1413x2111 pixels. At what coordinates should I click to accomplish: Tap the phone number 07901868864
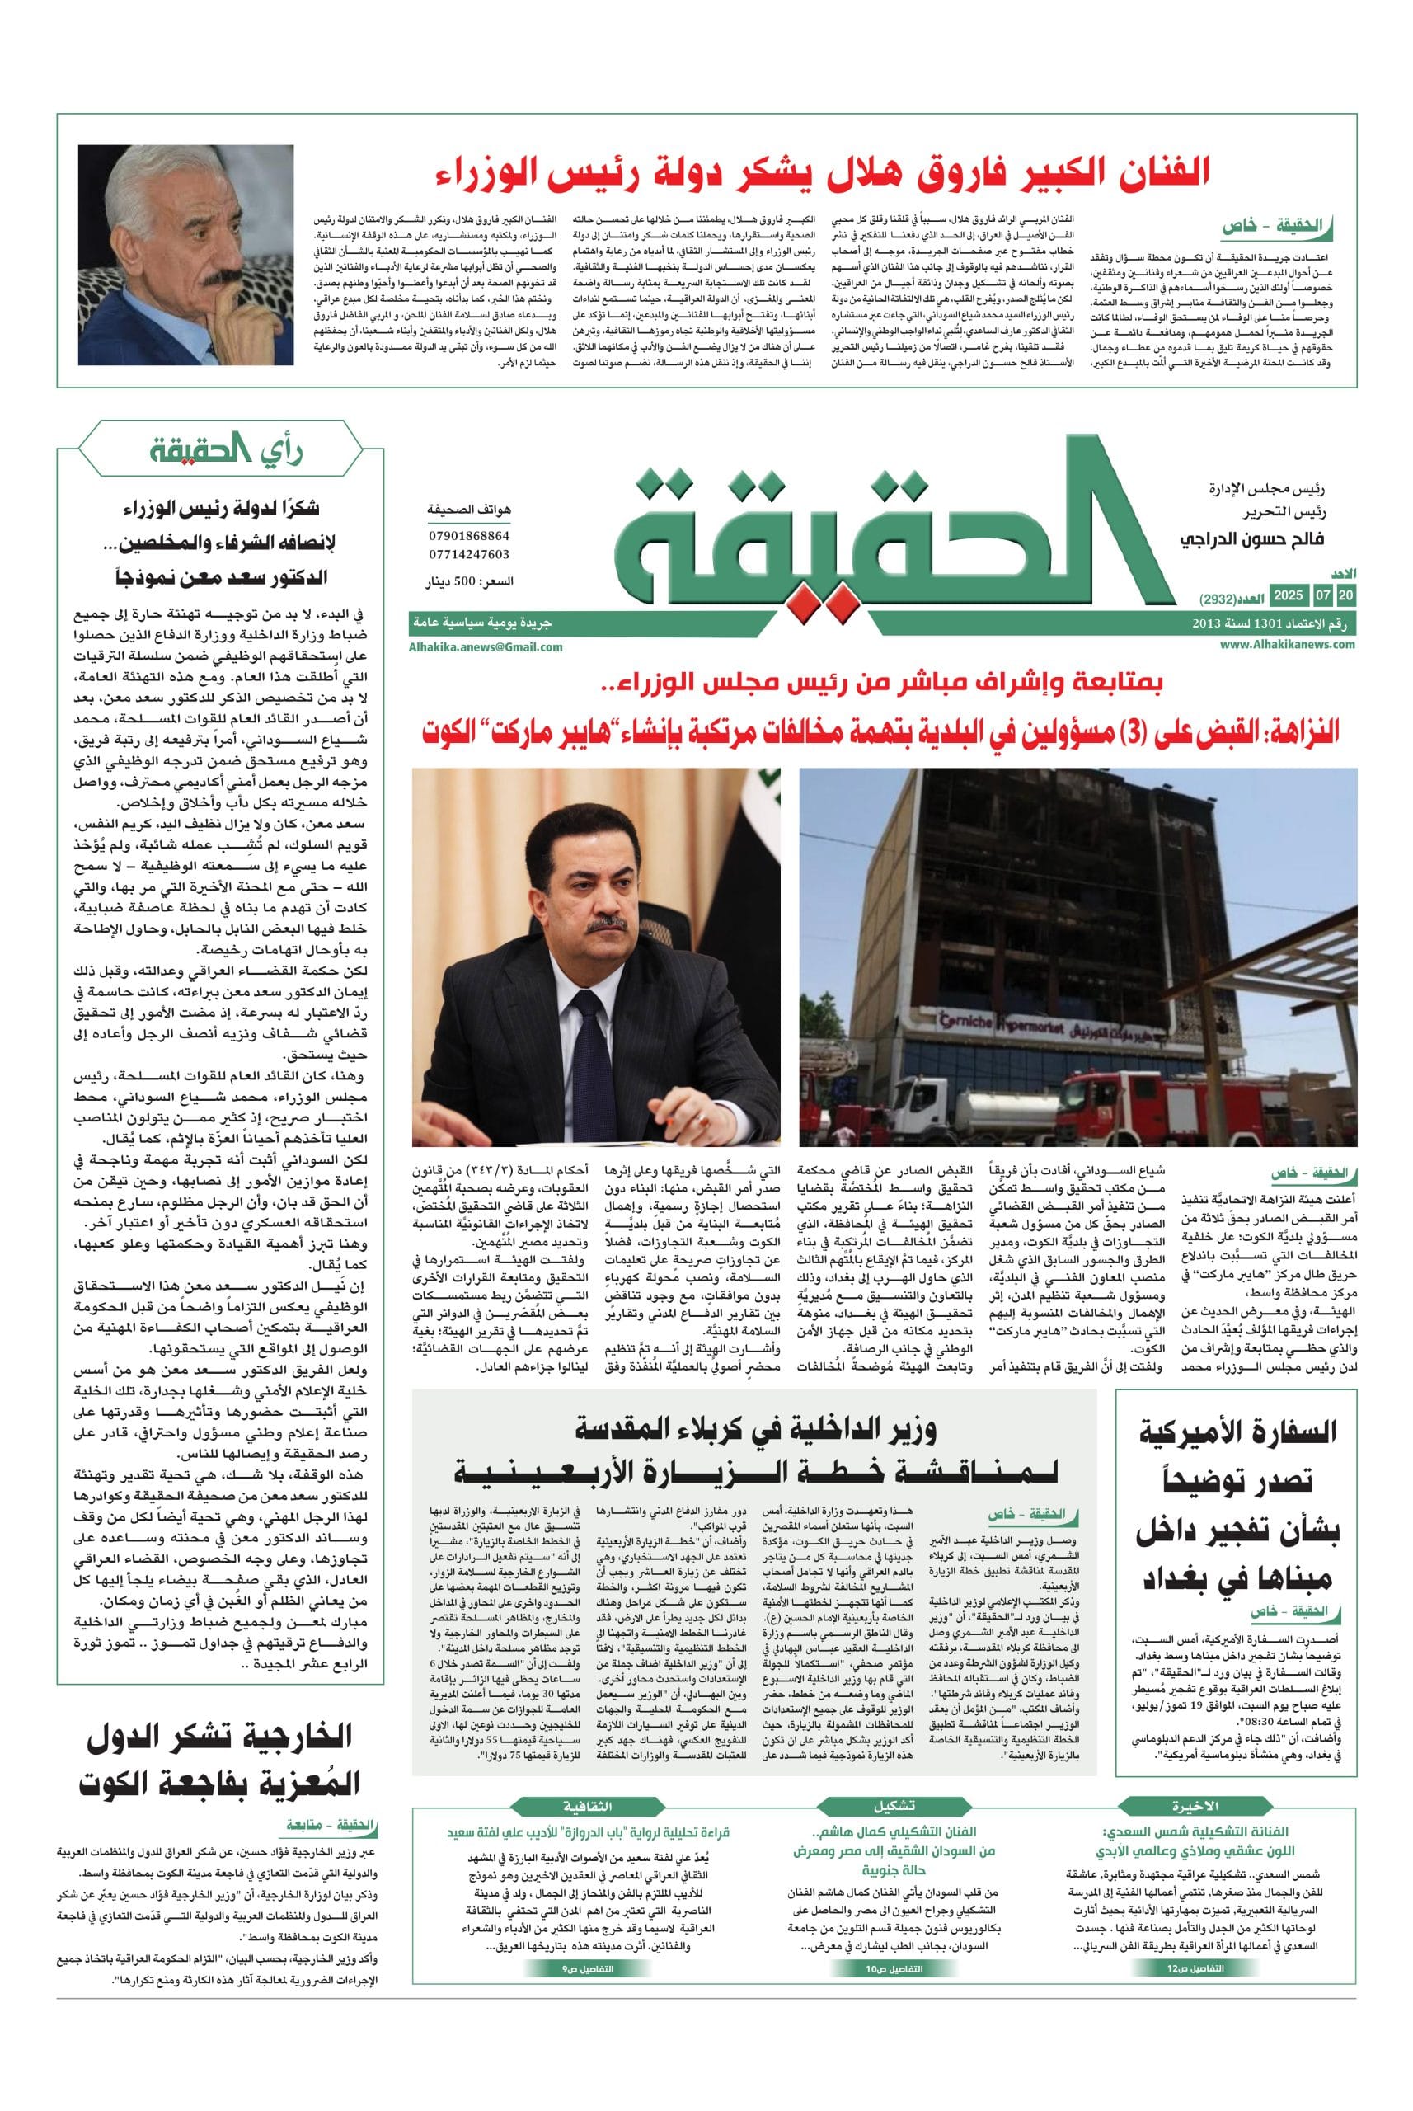[x=467, y=535]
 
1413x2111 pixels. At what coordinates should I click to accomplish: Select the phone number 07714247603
[x=467, y=554]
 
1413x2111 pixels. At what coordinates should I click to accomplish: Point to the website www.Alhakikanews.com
[x=1288, y=643]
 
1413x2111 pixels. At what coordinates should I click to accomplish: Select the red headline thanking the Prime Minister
[x=822, y=172]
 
